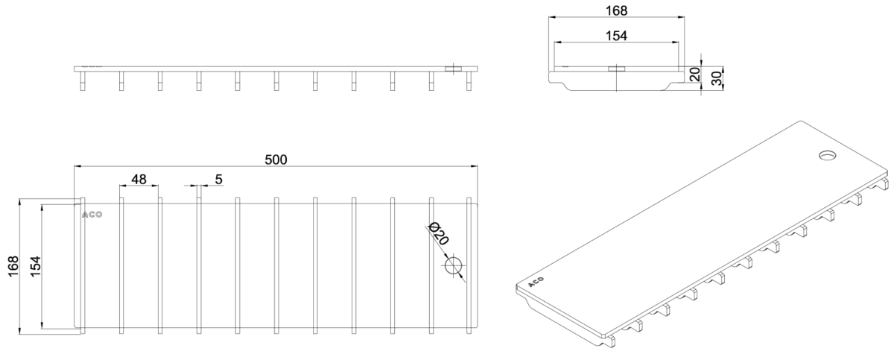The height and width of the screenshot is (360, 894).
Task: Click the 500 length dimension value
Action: point(276,160)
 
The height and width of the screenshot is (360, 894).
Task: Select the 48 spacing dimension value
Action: point(139,180)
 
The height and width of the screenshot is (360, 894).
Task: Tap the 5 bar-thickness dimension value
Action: point(218,180)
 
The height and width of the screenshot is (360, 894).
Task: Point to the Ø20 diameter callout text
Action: point(438,233)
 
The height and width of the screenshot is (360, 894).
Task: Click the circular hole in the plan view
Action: point(453,266)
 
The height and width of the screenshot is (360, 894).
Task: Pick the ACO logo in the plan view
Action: point(92,215)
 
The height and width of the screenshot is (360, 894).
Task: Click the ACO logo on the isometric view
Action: point(536,282)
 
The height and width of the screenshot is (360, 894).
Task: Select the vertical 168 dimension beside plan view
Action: point(13,266)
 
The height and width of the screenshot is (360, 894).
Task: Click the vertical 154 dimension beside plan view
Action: point(36,266)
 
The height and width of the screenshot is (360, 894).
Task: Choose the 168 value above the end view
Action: point(617,10)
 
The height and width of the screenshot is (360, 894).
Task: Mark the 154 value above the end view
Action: point(617,36)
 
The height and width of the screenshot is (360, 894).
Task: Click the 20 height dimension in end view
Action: point(695,75)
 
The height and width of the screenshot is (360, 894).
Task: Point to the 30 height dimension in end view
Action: point(717,78)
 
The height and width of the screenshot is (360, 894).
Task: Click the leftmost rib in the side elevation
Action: point(83,81)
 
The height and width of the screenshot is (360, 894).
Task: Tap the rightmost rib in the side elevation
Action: point(469,81)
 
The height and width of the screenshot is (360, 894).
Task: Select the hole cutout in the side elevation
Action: point(453,69)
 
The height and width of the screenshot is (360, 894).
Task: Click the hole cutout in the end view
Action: point(617,69)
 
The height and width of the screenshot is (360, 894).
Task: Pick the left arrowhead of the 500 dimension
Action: point(77,165)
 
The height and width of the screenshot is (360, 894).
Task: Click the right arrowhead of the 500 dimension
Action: point(475,165)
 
